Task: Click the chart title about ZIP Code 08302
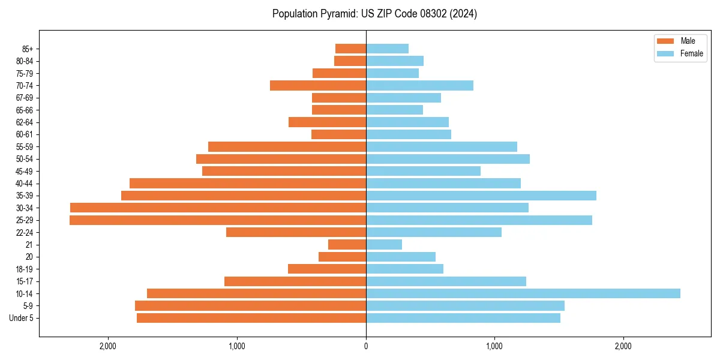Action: coord(374,14)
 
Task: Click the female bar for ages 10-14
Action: coord(523,293)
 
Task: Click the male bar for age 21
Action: coord(347,245)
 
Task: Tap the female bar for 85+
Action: coord(387,49)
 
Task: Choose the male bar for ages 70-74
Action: coord(318,85)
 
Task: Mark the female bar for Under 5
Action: coord(463,318)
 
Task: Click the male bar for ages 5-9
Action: coord(250,306)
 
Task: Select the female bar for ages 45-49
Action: coord(423,171)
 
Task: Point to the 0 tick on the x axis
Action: coord(366,346)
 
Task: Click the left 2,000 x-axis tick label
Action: coord(108,346)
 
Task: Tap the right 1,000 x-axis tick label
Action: coord(494,346)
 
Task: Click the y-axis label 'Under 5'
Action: coord(22,318)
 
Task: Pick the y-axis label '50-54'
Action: coord(25,159)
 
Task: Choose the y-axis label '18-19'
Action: coord(25,269)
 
